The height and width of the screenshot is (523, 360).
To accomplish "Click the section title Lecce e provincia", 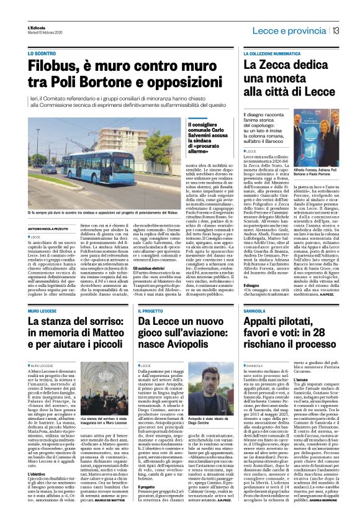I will [294, 31].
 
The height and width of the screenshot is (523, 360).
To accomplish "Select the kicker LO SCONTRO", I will [41, 53].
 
